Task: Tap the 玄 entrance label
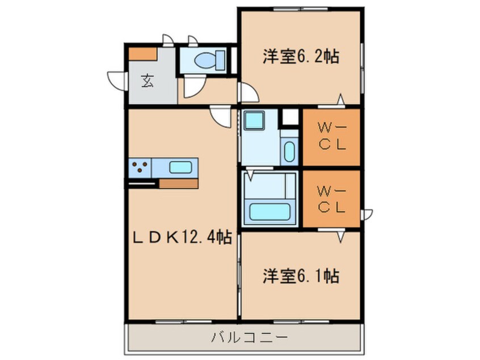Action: tap(147, 81)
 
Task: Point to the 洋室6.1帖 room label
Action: tap(300, 277)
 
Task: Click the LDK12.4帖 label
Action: tap(181, 237)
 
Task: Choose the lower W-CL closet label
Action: tap(331, 198)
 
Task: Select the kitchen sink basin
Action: tap(180, 168)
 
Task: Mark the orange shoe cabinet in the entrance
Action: tap(142, 54)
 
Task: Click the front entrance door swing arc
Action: tap(116, 79)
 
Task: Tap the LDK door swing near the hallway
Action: tap(221, 116)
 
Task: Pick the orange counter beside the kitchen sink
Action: tap(178, 183)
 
